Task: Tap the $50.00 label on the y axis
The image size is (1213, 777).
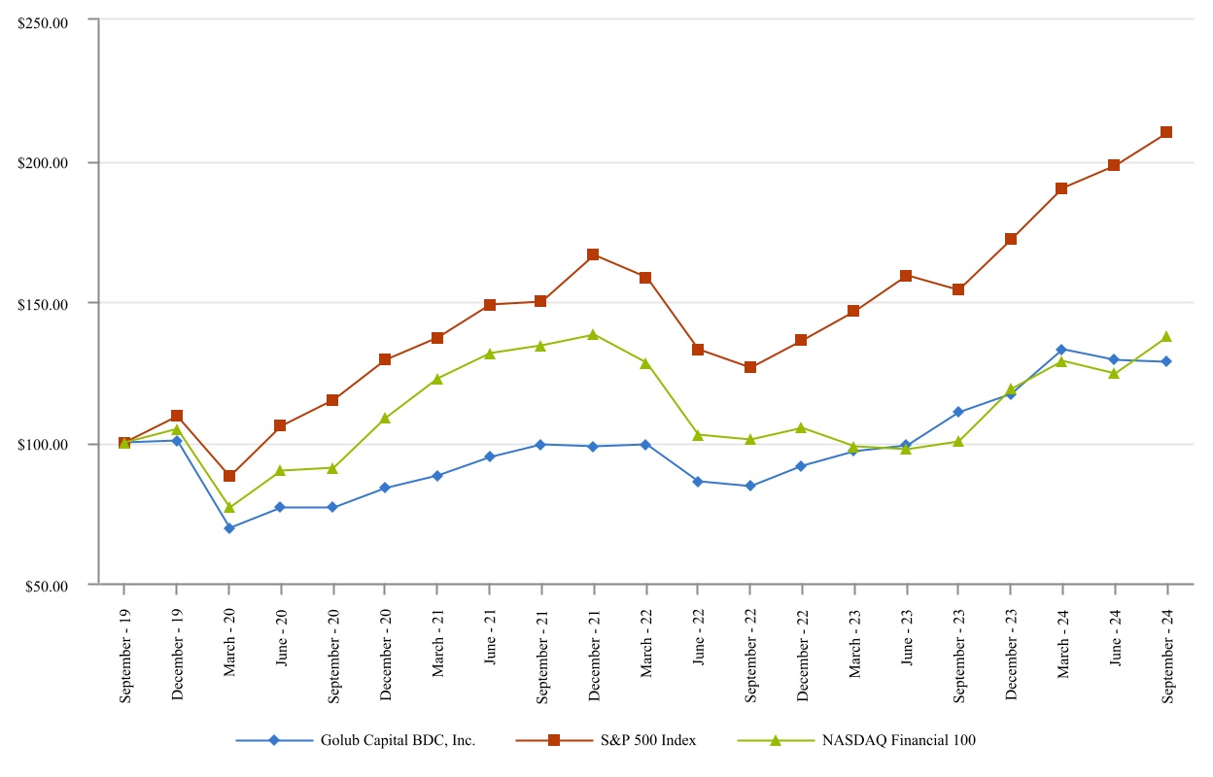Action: (x=50, y=586)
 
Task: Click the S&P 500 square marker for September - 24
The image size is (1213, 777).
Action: (x=1165, y=132)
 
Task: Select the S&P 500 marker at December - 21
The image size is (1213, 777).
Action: (x=593, y=254)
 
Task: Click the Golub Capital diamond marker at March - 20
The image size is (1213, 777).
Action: (x=229, y=528)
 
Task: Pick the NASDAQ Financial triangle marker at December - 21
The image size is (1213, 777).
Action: (x=593, y=334)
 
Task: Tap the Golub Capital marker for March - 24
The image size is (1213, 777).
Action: (x=1061, y=349)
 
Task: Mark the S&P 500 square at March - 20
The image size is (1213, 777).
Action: (x=229, y=476)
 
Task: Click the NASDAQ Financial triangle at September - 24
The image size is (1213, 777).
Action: (x=1165, y=336)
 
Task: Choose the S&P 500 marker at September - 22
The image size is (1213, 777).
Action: (x=749, y=367)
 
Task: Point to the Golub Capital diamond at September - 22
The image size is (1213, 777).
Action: (x=749, y=486)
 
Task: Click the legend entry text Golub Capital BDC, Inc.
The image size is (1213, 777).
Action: (x=398, y=740)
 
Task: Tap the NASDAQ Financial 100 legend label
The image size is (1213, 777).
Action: (x=898, y=740)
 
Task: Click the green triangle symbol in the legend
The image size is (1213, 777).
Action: (x=775, y=740)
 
